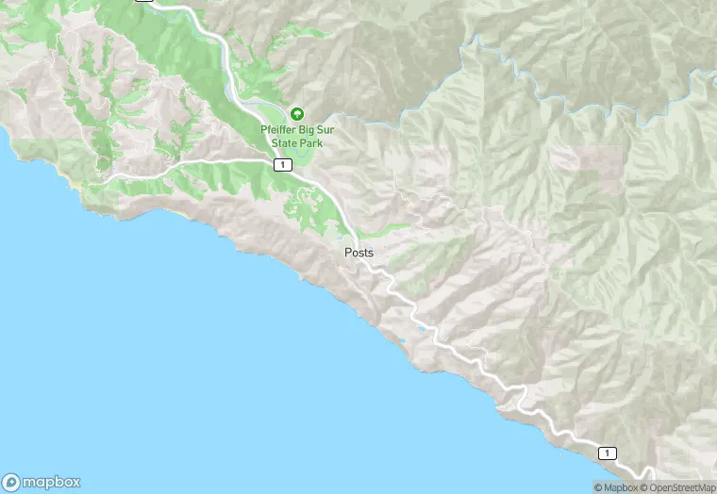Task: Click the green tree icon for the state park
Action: tap(297, 114)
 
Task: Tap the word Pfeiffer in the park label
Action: tap(279, 130)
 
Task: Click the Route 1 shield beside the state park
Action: tap(281, 165)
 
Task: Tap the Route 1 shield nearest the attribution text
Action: tap(608, 453)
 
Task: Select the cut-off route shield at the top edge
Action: tap(143, 2)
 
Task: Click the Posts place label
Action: tap(358, 253)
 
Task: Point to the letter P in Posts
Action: tap(348, 253)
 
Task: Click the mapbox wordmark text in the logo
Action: tap(53, 481)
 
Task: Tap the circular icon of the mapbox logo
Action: tap(12, 481)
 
